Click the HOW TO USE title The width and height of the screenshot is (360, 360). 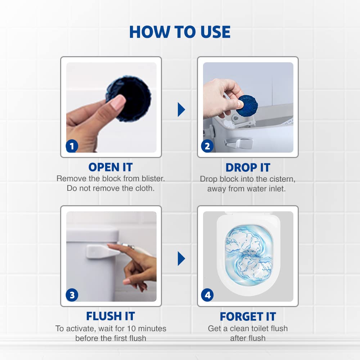180,32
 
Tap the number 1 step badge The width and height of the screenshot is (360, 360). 72,146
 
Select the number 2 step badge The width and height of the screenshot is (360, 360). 207,146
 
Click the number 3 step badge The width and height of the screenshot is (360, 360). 72,295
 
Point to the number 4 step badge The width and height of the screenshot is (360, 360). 207,295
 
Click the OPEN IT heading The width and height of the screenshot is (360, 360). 111,167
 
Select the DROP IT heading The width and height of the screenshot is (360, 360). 248,167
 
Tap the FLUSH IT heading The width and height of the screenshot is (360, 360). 111,316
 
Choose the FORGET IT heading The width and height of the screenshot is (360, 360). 248,316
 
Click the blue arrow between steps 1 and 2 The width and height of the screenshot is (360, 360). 181,109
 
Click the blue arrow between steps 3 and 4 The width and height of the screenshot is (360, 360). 181,258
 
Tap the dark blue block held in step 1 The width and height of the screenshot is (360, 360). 130,97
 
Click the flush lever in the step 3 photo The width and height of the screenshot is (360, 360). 102,251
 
